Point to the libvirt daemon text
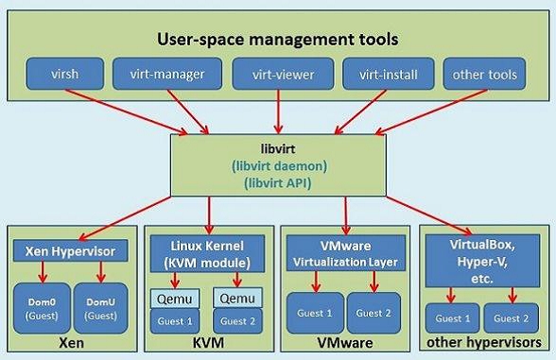coord(278,165)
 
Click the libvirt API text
coord(278,181)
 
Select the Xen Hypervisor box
coord(72,251)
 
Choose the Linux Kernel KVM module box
coord(210,252)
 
